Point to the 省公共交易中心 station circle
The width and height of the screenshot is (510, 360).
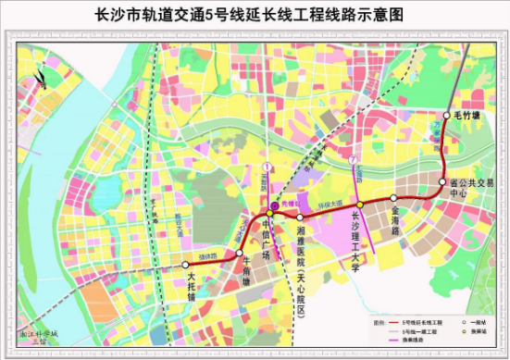[442, 182]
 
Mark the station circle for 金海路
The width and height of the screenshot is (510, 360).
[393, 197]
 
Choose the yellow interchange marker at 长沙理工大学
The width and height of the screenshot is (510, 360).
[359, 205]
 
